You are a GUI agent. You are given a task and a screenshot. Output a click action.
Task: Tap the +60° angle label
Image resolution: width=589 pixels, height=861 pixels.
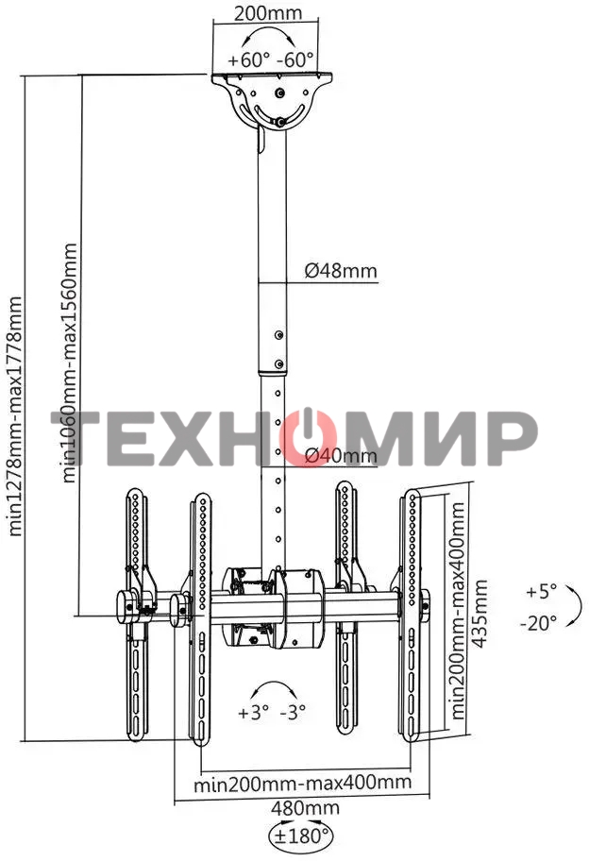point(246,59)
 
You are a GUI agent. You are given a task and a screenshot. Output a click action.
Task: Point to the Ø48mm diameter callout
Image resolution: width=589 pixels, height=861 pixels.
point(340,271)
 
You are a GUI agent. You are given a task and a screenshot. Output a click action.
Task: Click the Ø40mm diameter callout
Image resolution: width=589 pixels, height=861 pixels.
point(340,456)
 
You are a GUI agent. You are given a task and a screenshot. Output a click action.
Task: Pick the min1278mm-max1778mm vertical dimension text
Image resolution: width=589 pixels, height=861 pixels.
point(15,416)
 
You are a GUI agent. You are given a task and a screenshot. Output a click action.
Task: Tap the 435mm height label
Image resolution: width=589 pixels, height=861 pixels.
point(481,614)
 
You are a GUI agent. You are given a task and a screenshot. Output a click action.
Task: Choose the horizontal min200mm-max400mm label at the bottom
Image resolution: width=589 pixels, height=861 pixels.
point(302,783)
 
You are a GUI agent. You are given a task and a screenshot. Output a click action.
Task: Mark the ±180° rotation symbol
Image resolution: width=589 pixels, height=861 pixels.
point(301,836)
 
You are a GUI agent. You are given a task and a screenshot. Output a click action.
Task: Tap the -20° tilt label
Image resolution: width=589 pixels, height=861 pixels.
point(538,622)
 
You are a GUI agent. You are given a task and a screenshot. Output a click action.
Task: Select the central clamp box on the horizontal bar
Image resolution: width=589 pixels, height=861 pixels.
point(274,607)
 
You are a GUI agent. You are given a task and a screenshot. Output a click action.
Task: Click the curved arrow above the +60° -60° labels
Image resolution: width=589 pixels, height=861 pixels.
point(273,39)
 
